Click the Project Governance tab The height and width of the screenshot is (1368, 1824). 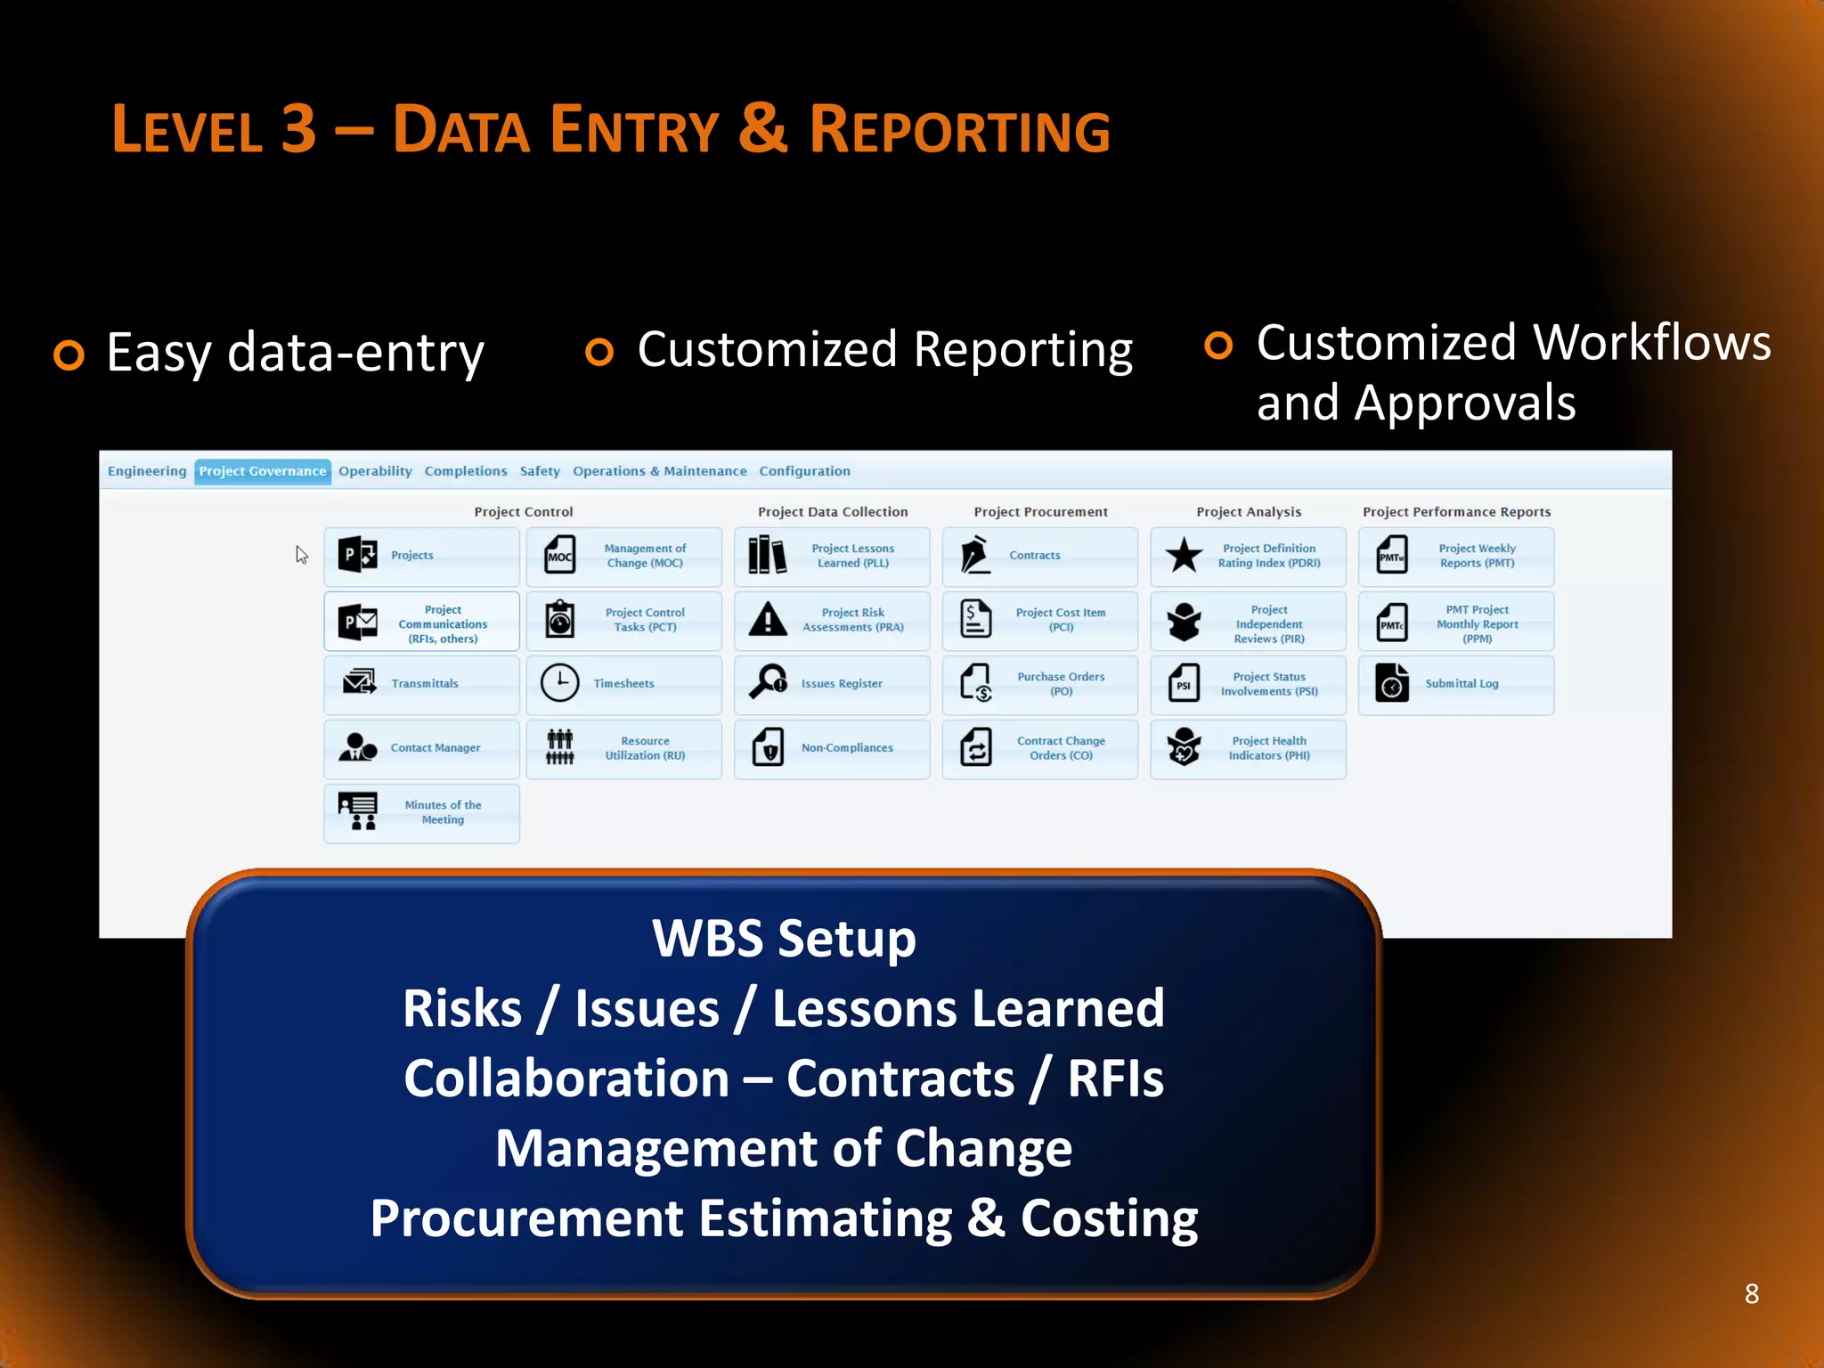click(x=262, y=471)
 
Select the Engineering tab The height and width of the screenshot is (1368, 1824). click(x=147, y=471)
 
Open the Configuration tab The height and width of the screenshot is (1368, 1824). click(x=804, y=471)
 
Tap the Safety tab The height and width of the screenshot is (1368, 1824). click(x=540, y=471)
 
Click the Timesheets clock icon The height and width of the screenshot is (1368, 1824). click(x=559, y=683)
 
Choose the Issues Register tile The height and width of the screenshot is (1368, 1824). click(x=832, y=684)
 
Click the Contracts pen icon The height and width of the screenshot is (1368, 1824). click(x=976, y=555)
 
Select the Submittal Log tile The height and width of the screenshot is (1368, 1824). click(x=1455, y=684)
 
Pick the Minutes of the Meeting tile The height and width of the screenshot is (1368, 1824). click(x=421, y=812)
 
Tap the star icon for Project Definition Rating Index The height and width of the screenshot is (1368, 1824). click(x=1184, y=555)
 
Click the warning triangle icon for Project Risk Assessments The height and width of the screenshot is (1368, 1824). click(x=768, y=619)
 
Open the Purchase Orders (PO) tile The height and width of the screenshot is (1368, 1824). click(x=1039, y=684)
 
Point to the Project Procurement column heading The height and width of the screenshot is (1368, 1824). click(x=1040, y=512)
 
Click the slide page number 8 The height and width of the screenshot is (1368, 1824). click(x=1751, y=1293)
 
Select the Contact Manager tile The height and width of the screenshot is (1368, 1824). click(x=421, y=748)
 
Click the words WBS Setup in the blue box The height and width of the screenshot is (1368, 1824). click(x=784, y=939)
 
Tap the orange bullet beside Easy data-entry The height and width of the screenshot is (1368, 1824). click(x=69, y=354)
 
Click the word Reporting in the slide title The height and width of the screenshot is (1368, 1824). click(x=959, y=130)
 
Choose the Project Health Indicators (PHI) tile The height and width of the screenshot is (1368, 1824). click(x=1248, y=748)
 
